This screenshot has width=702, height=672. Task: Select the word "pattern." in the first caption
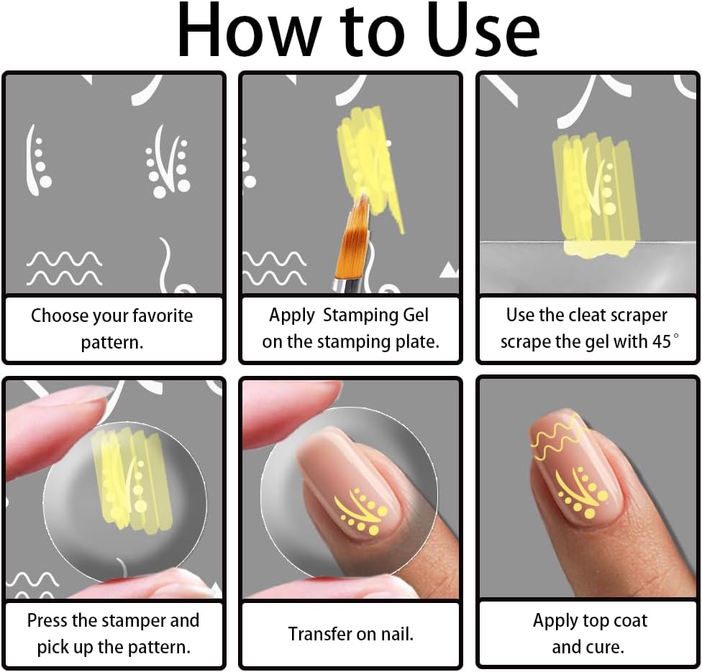pos(112,343)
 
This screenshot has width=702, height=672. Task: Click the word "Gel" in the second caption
pos(416,316)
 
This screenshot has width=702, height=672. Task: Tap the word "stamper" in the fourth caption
pos(134,621)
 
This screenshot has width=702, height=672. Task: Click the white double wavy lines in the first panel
pos(64,269)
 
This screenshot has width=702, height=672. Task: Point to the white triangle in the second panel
pos(449,271)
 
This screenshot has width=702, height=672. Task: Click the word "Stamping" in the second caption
pos(360,316)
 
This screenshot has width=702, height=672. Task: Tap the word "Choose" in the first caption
pos(60,316)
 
